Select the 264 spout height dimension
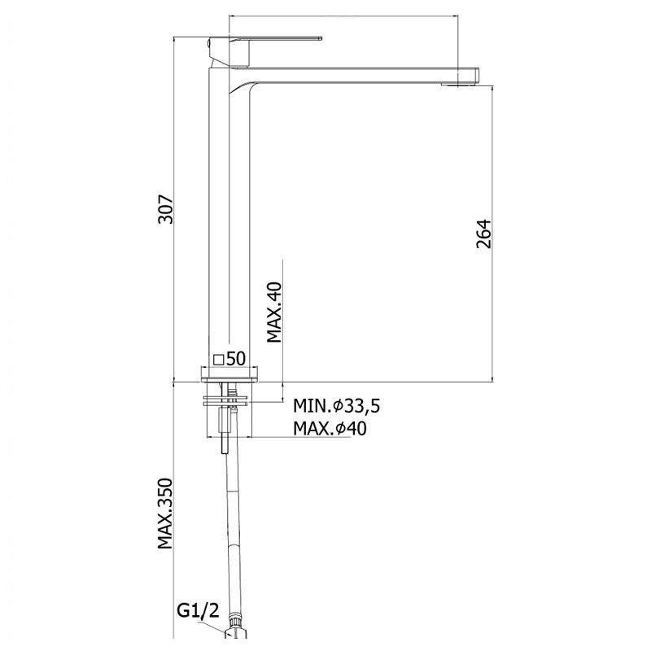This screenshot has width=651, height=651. point(483,234)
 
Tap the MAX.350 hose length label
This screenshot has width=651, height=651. point(165,513)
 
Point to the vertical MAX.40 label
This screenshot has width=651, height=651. point(274,312)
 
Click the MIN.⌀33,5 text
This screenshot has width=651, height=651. point(336,406)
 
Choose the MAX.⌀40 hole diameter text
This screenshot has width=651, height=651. point(330,429)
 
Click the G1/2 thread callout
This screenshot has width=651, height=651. point(198,611)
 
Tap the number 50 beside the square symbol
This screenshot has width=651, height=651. point(236,359)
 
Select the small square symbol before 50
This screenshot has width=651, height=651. point(219,360)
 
